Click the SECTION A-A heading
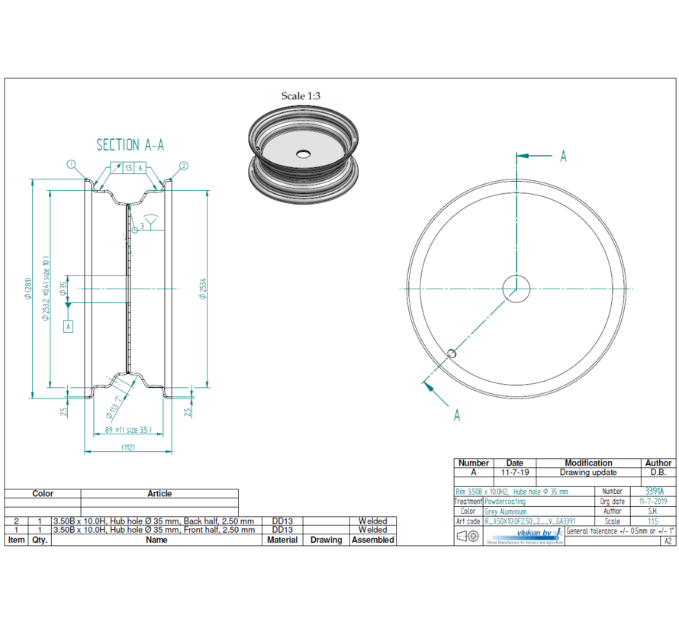[x=130, y=145]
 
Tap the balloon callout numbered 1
[x=71, y=164]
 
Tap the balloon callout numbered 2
[x=184, y=166]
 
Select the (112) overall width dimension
[x=127, y=447]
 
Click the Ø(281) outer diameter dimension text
[x=27, y=289]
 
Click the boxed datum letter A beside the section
[x=69, y=326]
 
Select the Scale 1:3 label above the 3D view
[x=301, y=96]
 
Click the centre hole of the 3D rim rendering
[x=303, y=154]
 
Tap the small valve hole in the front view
[x=452, y=353]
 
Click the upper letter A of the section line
[x=563, y=156]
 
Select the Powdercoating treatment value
[x=505, y=502]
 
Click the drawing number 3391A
[x=655, y=492]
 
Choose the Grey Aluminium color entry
[x=505, y=511]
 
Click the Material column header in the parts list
[x=282, y=540]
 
